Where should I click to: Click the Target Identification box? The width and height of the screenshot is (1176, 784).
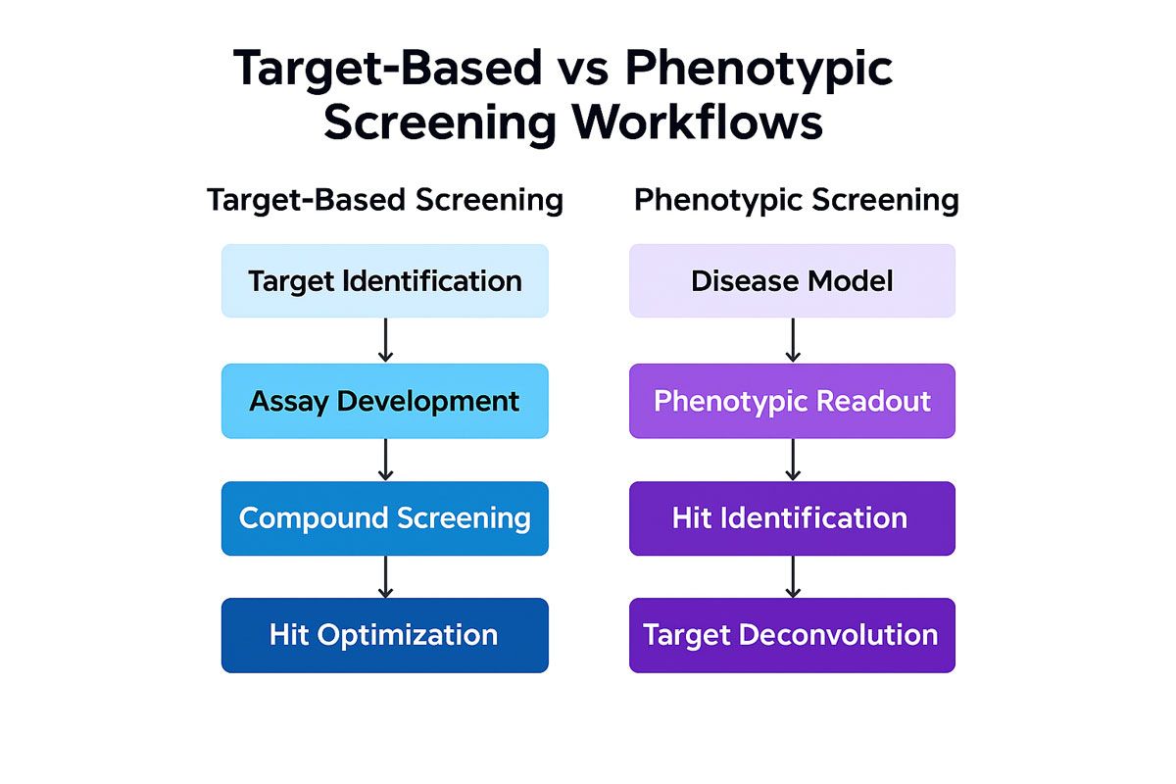tap(385, 281)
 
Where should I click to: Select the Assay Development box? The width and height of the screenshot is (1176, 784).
tap(385, 401)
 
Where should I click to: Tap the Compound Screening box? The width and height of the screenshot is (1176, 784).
tap(385, 518)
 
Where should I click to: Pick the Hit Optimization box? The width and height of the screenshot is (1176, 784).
tap(385, 635)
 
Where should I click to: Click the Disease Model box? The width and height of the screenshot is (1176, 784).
tap(792, 281)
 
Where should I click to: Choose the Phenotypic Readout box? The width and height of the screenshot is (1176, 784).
tap(792, 401)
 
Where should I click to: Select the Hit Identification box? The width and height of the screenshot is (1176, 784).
tap(792, 518)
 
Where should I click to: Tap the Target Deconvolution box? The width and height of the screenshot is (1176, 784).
tap(792, 635)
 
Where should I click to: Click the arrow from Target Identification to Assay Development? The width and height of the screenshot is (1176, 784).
tap(385, 340)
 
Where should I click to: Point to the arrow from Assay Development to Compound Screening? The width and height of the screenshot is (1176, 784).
tap(385, 459)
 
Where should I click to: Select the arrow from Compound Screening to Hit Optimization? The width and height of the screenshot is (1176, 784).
tap(385, 576)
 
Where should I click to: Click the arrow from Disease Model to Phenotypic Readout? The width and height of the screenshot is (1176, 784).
tap(793, 340)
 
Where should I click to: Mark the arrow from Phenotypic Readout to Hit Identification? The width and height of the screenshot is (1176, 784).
tap(793, 459)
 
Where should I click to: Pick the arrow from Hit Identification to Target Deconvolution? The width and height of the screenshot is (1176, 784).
tap(793, 576)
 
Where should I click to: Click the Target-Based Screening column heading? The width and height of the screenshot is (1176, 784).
tap(385, 200)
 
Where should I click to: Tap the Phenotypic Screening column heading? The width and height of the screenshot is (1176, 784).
tap(796, 200)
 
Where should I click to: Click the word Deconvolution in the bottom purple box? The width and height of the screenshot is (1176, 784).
tap(838, 635)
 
